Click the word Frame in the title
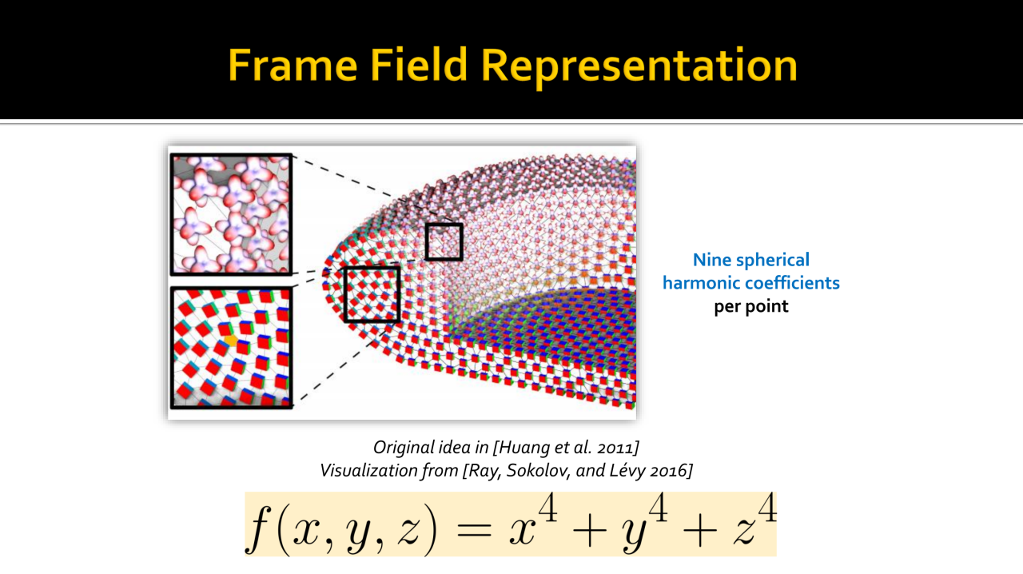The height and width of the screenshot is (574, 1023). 293,65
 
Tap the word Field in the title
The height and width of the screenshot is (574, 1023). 418,65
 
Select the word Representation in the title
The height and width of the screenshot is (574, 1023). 639,68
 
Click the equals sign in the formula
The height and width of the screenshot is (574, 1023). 474,532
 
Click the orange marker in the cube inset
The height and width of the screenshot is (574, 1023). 231,340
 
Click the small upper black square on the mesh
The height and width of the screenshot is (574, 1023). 444,241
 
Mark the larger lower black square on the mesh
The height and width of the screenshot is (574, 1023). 372,295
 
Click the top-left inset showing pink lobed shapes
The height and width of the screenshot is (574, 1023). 231,214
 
